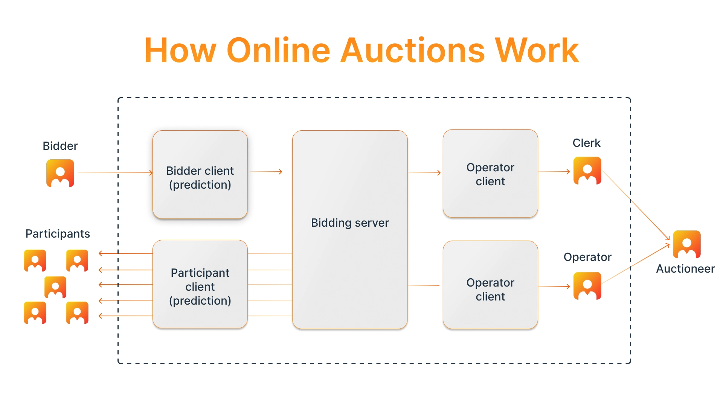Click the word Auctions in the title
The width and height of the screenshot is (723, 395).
tap(412, 50)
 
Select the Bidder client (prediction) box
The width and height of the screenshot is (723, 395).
tap(200, 174)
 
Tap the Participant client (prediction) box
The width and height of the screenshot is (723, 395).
tap(200, 284)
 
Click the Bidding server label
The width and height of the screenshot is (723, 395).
tap(350, 223)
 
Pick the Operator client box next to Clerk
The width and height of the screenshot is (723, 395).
tap(490, 174)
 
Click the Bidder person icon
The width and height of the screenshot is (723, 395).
tap(60, 173)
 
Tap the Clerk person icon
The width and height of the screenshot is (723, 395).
tap(587, 171)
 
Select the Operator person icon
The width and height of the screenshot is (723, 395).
tap(587, 286)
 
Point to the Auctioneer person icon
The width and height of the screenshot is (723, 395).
tap(687, 244)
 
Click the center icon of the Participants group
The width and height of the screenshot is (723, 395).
tap(55, 287)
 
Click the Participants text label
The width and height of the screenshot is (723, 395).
tap(58, 234)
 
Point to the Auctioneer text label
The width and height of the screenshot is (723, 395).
tap(685, 269)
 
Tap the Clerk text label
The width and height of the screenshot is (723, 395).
tap(586, 143)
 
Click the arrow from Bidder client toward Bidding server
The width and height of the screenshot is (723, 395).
tap(266, 172)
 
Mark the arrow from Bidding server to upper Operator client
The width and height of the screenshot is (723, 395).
tap(425, 173)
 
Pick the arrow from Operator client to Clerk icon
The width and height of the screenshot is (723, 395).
tap(554, 172)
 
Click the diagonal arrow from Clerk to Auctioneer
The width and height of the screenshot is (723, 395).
tap(636, 206)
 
